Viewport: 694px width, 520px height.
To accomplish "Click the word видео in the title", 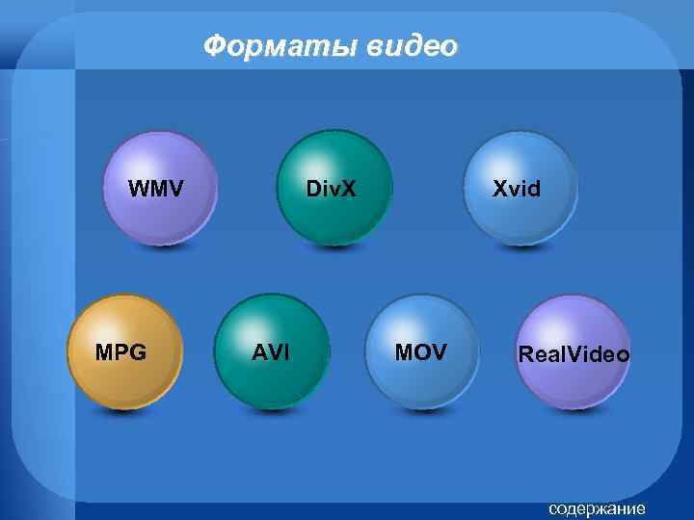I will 412,45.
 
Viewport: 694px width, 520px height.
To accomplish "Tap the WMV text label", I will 157,187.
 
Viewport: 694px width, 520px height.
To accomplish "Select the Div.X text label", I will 331,188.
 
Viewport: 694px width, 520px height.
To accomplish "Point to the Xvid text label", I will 517,188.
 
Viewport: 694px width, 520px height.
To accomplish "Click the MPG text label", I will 121,352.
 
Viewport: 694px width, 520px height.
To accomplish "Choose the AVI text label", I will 271,352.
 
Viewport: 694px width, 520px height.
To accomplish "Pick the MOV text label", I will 421,352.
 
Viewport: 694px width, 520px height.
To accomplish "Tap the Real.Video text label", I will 574,354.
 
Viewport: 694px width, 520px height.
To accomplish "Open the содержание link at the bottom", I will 597,507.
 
